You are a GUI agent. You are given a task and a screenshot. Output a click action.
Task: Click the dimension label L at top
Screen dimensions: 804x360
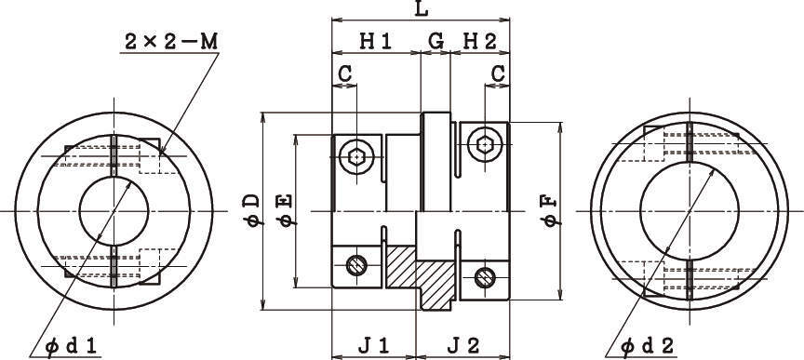[421, 9]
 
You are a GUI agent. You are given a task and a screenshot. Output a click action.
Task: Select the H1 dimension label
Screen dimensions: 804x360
[376, 42]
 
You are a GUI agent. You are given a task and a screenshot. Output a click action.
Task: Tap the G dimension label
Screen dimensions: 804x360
[435, 42]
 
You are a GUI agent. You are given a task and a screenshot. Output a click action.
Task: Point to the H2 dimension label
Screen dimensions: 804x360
[480, 42]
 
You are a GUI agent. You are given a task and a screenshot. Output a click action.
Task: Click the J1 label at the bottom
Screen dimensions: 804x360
[374, 346]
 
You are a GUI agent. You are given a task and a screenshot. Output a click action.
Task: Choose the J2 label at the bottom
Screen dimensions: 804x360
[463, 346]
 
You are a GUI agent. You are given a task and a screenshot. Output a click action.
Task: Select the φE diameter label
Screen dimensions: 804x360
[286, 209]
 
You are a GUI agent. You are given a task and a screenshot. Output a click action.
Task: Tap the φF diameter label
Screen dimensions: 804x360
[550, 211]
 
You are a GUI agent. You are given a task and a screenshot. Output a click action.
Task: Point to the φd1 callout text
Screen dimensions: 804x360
[71, 347]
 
